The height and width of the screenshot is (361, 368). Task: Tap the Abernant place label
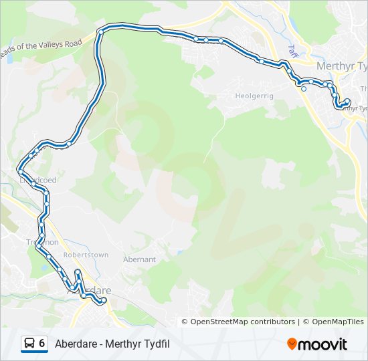coord(139,259)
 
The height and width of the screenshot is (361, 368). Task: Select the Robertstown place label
coord(86,255)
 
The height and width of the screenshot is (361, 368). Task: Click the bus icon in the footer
coord(29,344)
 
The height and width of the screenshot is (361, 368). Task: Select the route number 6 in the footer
coord(42,344)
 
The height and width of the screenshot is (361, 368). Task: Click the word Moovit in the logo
coord(323,344)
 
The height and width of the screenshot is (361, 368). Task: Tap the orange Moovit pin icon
coord(292,344)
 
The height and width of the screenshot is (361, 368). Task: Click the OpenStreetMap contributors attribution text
coord(242,322)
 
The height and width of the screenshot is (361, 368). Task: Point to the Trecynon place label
coord(43,242)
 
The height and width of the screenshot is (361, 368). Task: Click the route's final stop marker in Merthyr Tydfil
coord(347,102)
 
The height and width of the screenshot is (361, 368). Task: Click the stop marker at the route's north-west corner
coord(100,31)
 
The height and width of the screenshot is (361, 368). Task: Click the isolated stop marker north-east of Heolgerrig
coord(304,88)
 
